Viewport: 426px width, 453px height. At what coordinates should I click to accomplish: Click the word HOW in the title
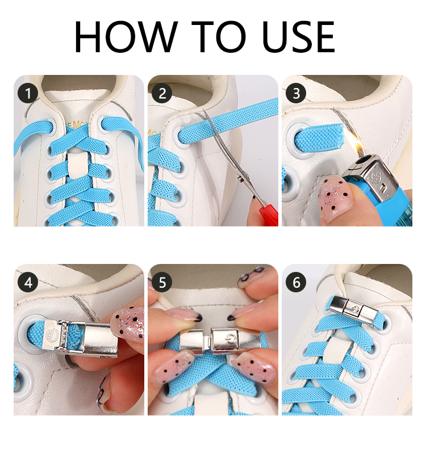tap(126, 37)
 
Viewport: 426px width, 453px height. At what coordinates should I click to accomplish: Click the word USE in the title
tap(299, 37)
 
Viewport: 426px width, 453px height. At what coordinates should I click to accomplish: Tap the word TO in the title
tap(219, 37)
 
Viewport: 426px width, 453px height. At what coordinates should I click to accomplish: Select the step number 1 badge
tap(28, 93)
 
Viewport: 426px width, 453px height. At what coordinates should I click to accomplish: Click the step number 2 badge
tap(162, 93)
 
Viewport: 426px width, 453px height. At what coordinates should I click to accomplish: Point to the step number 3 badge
tap(296, 93)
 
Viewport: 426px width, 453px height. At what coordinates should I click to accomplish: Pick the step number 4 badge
tap(28, 282)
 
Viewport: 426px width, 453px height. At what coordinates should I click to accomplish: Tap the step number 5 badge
tap(162, 282)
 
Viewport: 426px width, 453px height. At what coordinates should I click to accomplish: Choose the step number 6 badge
tap(296, 282)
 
